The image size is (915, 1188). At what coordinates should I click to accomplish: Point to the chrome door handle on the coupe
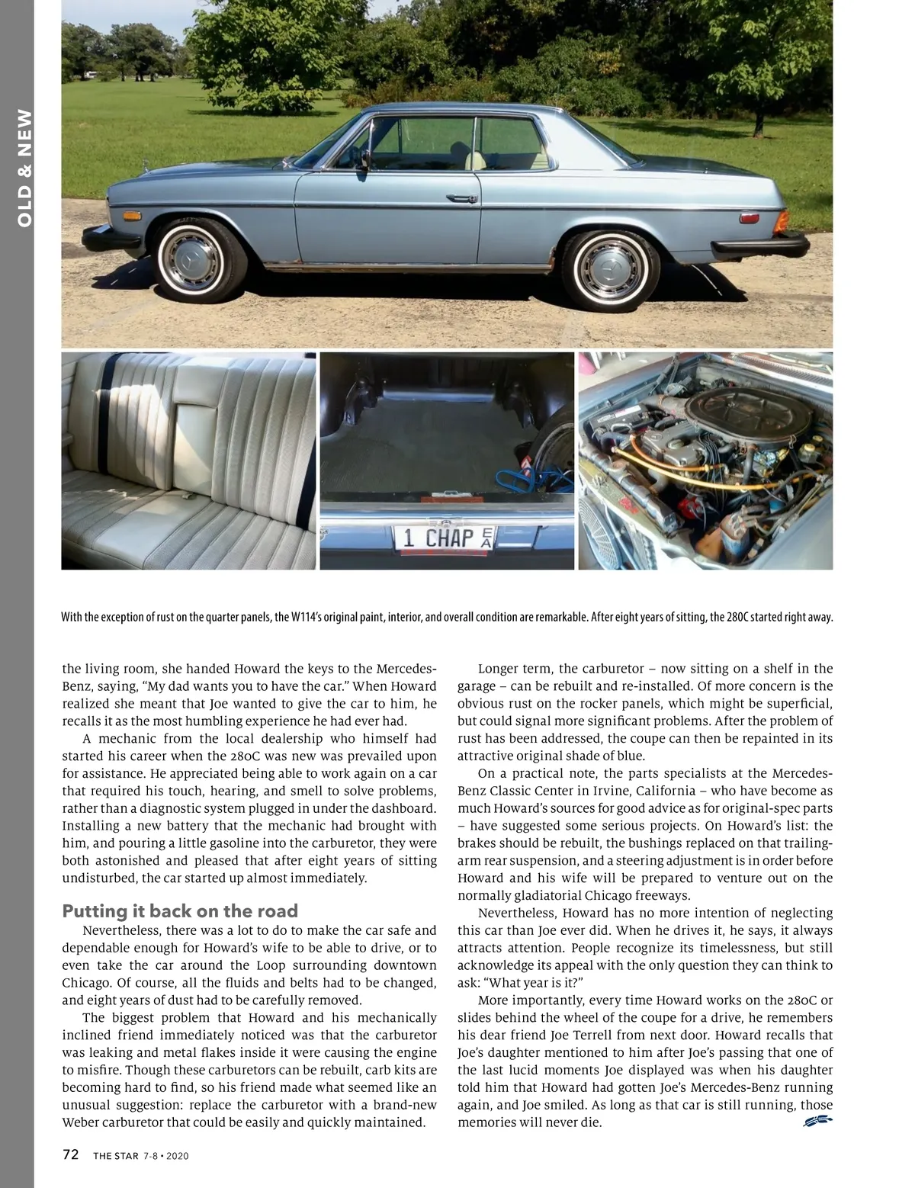(x=463, y=199)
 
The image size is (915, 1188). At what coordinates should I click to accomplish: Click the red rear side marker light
(x=746, y=218)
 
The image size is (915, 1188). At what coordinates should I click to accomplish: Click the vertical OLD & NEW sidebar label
(x=24, y=168)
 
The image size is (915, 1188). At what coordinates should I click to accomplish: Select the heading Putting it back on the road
(x=180, y=911)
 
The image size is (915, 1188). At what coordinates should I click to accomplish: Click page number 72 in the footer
(x=70, y=1154)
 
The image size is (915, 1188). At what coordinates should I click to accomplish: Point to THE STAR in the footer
(x=116, y=1155)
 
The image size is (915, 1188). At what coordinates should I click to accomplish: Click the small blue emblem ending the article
(x=817, y=1120)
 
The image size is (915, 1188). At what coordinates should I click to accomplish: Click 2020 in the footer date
(x=177, y=1156)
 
